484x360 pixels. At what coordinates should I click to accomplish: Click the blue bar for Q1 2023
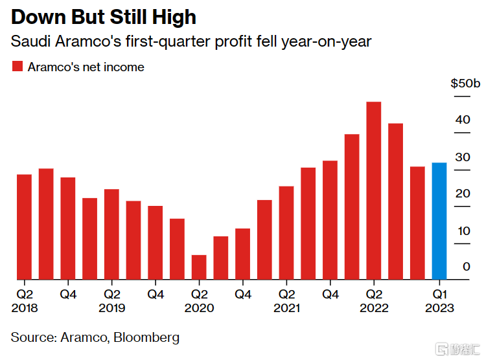coord(439,221)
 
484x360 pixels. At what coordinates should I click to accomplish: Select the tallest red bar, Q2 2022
coord(373,191)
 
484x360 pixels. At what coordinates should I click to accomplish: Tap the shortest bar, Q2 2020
coord(199,267)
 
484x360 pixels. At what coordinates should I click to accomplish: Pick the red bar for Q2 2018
coord(25,227)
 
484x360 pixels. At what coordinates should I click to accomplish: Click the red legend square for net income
coord(17,67)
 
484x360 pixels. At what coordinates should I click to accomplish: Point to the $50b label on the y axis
coord(465,84)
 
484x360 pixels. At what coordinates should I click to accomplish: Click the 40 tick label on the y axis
coord(462,120)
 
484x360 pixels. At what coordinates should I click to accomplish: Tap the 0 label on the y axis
coord(466,267)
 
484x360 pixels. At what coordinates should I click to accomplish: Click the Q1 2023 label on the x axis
coord(439,301)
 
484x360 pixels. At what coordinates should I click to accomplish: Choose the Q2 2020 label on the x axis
coord(199,301)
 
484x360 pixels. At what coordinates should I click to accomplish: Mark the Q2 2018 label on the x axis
coord(25,301)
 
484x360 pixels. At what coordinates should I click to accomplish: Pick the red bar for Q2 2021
coord(286,233)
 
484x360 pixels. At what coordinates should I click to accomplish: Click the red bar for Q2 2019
coord(112,234)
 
